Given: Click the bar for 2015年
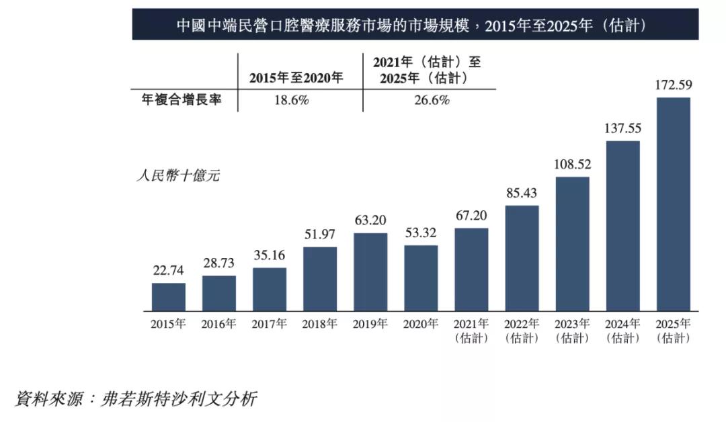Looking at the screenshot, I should click(168, 297).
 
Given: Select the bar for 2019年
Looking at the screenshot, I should click(370, 272).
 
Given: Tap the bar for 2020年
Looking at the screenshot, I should click(421, 278).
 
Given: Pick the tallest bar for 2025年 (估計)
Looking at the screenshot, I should click(673, 204).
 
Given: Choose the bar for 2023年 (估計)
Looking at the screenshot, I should click(572, 244).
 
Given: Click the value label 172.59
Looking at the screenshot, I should click(673, 85).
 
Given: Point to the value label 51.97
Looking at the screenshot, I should click(320, 235).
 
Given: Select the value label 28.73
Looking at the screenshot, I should click(219, 263).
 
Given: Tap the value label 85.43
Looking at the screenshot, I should click(522, 193).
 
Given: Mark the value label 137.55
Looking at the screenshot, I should click(622, 128).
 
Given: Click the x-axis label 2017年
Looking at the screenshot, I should click(270, 324).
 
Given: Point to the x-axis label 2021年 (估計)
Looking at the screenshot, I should click(471, 331).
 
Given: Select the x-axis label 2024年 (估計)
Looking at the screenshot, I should click(622, 331).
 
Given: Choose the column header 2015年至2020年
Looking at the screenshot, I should click(296, 77).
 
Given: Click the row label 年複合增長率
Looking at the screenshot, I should click(177, 100).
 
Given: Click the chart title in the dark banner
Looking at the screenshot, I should click(415, 25).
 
